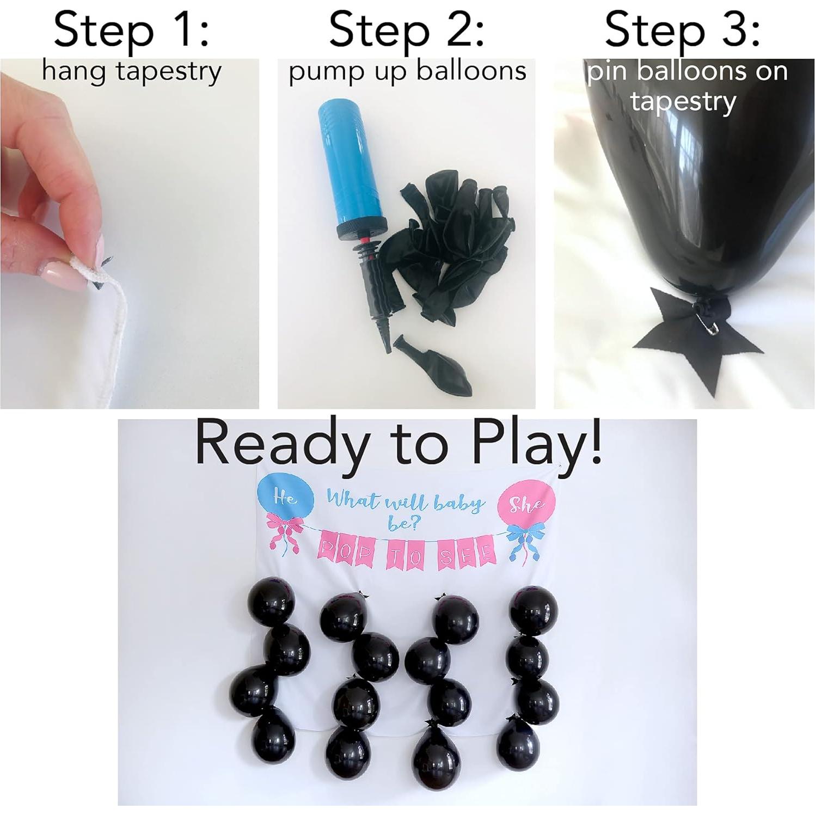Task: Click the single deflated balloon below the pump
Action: [x=433, y=367]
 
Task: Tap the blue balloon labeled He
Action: [x=285, y=497]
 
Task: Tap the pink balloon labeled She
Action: [x=527, y=502]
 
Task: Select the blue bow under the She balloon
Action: [x=523, y=539]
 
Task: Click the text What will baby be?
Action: [x=406, y=506]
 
